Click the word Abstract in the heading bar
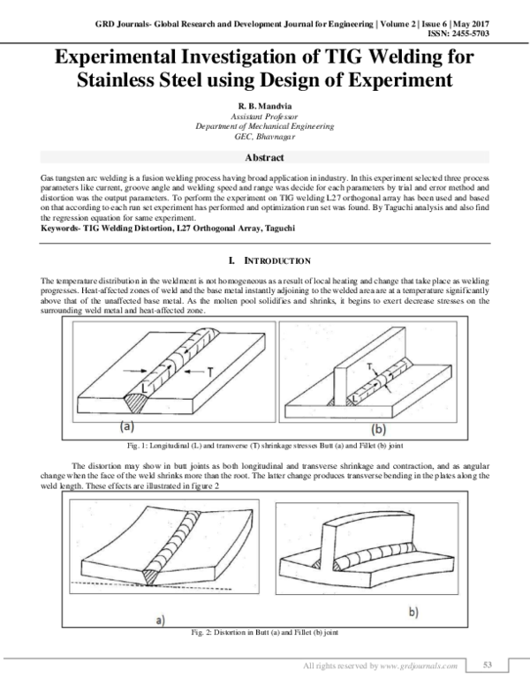coord(264,158)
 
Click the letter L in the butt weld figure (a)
coord(143,385)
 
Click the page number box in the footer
coord(490,665)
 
